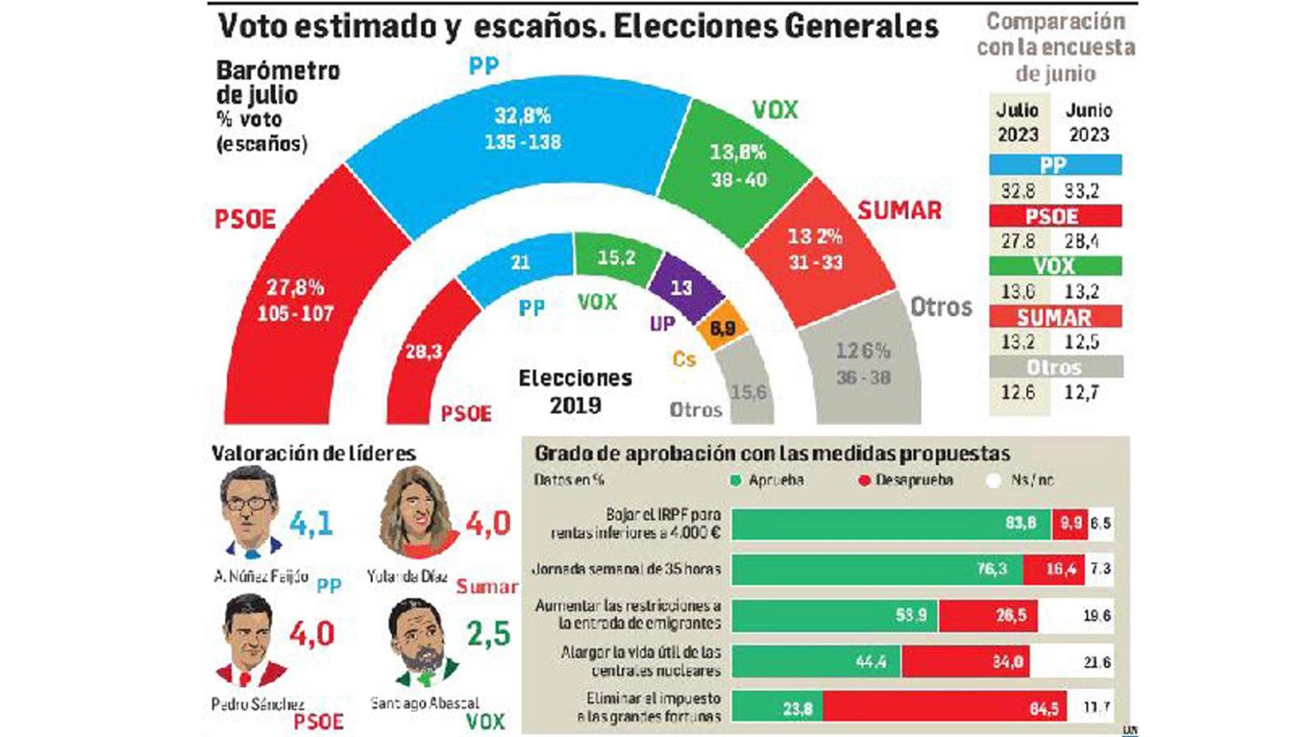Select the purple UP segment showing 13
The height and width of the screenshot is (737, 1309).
coord(684,287)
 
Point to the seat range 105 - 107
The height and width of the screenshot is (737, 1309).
coord(295,314)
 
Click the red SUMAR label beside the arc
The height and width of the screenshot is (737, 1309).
coord(899,211)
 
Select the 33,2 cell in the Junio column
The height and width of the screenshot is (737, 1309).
coord(1082,191)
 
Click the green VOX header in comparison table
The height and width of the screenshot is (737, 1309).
coord(1055,265)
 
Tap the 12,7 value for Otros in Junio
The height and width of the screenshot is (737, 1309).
coord(1082,392)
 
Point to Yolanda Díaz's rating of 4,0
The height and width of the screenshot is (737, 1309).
coord(487,524)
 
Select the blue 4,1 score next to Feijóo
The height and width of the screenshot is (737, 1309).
coord(311,524)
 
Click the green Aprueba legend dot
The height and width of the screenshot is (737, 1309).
coord(735,480)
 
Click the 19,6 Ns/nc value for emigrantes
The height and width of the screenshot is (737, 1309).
coord(1096,616)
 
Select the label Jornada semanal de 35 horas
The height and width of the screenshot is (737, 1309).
coord(626,569)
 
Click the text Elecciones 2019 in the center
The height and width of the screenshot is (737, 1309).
coord(575,392)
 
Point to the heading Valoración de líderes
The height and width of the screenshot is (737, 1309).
coord(313,453)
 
